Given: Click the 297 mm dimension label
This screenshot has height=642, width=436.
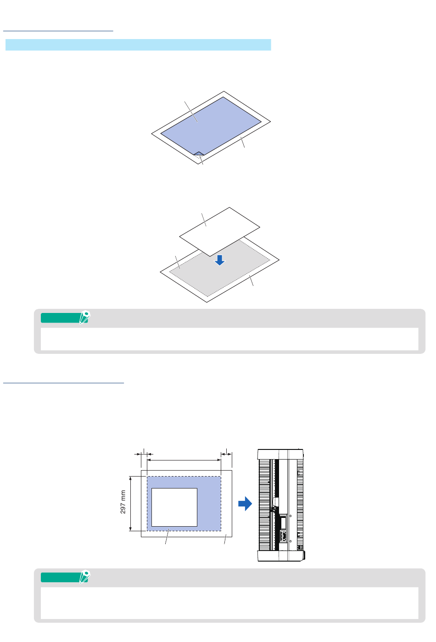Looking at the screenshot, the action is (123, 501).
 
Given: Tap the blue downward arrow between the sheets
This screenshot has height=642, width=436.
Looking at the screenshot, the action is (219, 260).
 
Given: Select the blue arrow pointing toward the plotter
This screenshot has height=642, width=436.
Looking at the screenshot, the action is (245, 504).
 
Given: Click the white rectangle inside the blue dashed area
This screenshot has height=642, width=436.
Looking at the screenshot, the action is (174, 507).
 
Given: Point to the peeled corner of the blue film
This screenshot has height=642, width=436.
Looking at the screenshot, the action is (199, 153).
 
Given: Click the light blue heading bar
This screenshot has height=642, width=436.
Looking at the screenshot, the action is (138, 45).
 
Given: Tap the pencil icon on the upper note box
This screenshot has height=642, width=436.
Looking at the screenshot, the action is (85, 317).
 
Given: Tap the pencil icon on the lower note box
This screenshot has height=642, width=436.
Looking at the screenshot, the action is (85, 576).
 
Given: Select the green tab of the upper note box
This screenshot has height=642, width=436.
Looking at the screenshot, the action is (61, 318).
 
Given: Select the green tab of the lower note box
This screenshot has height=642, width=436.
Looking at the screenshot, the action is (61, 578).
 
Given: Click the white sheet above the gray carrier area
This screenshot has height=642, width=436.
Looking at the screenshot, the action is (219, 232).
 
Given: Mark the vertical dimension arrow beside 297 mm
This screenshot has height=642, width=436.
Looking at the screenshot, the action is (130, 504).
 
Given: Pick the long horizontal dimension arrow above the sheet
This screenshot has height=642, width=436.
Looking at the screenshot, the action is (184, 460).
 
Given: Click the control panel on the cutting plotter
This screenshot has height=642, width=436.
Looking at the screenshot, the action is (283, 528).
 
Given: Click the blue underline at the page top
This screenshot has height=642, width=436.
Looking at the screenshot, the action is (58, 31).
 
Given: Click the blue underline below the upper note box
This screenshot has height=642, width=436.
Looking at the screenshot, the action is (63, 383).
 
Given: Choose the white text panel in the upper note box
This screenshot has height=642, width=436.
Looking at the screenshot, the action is (229, 339).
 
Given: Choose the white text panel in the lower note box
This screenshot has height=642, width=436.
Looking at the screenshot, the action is (229, 603).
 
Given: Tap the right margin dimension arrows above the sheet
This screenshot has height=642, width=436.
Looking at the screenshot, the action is (226, 454).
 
